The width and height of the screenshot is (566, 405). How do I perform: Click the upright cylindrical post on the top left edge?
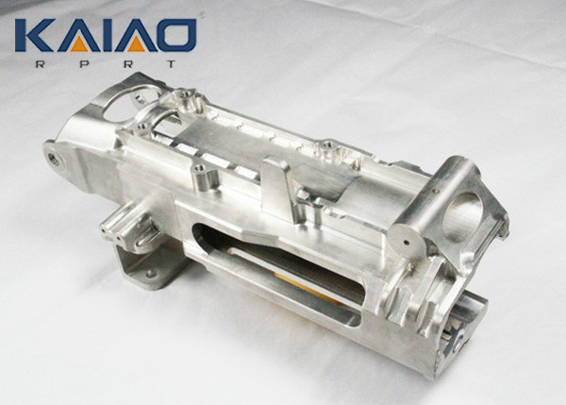199,176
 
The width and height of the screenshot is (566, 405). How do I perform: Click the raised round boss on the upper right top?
328,148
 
